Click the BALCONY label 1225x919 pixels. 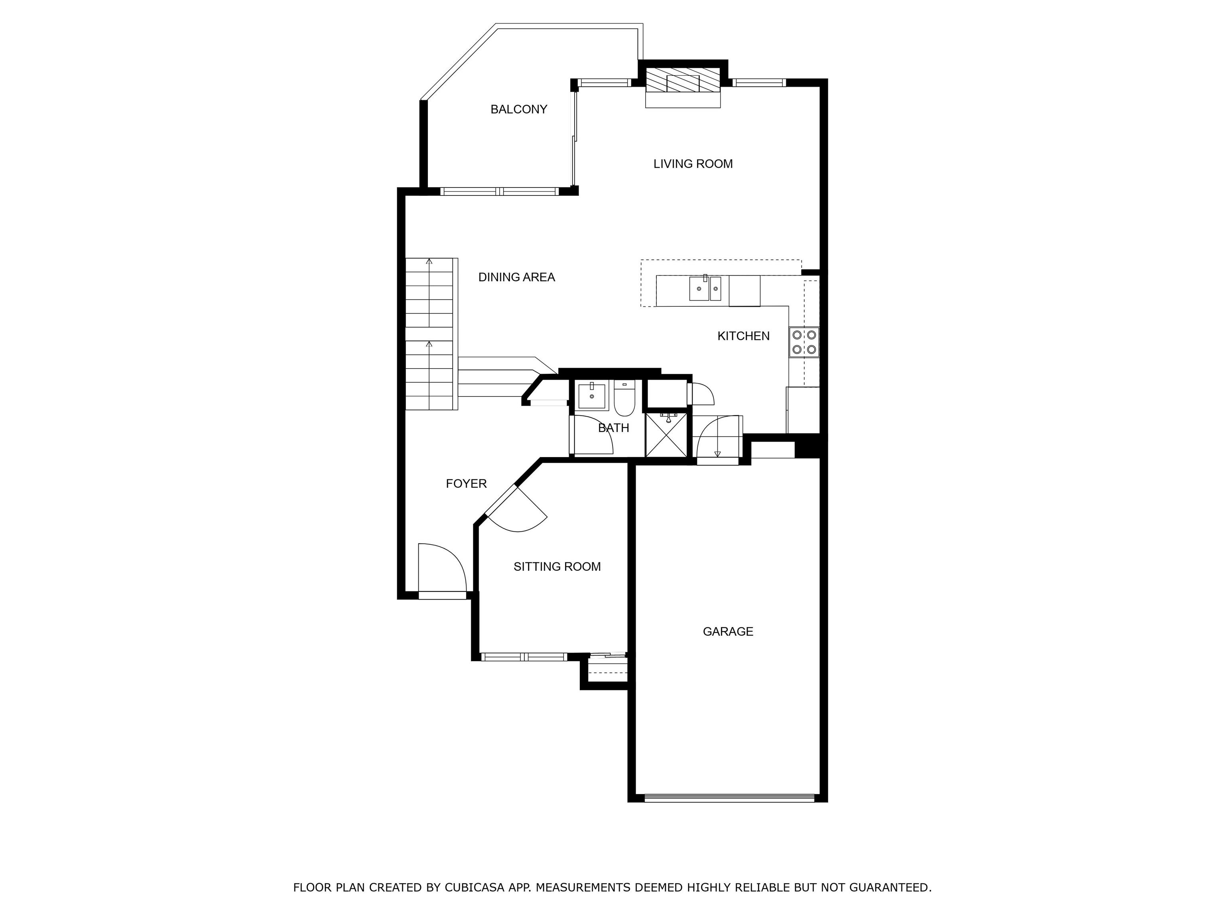[x=518, y=109]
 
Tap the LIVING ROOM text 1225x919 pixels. [x=692, y=164]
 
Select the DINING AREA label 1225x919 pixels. [x=516, y=277]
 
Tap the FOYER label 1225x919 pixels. [x=466, y=483]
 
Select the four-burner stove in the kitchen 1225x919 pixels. [x=804, y=342]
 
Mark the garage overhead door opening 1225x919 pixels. [x=729, y=798]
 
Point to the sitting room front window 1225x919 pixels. [x=523, y=657]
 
